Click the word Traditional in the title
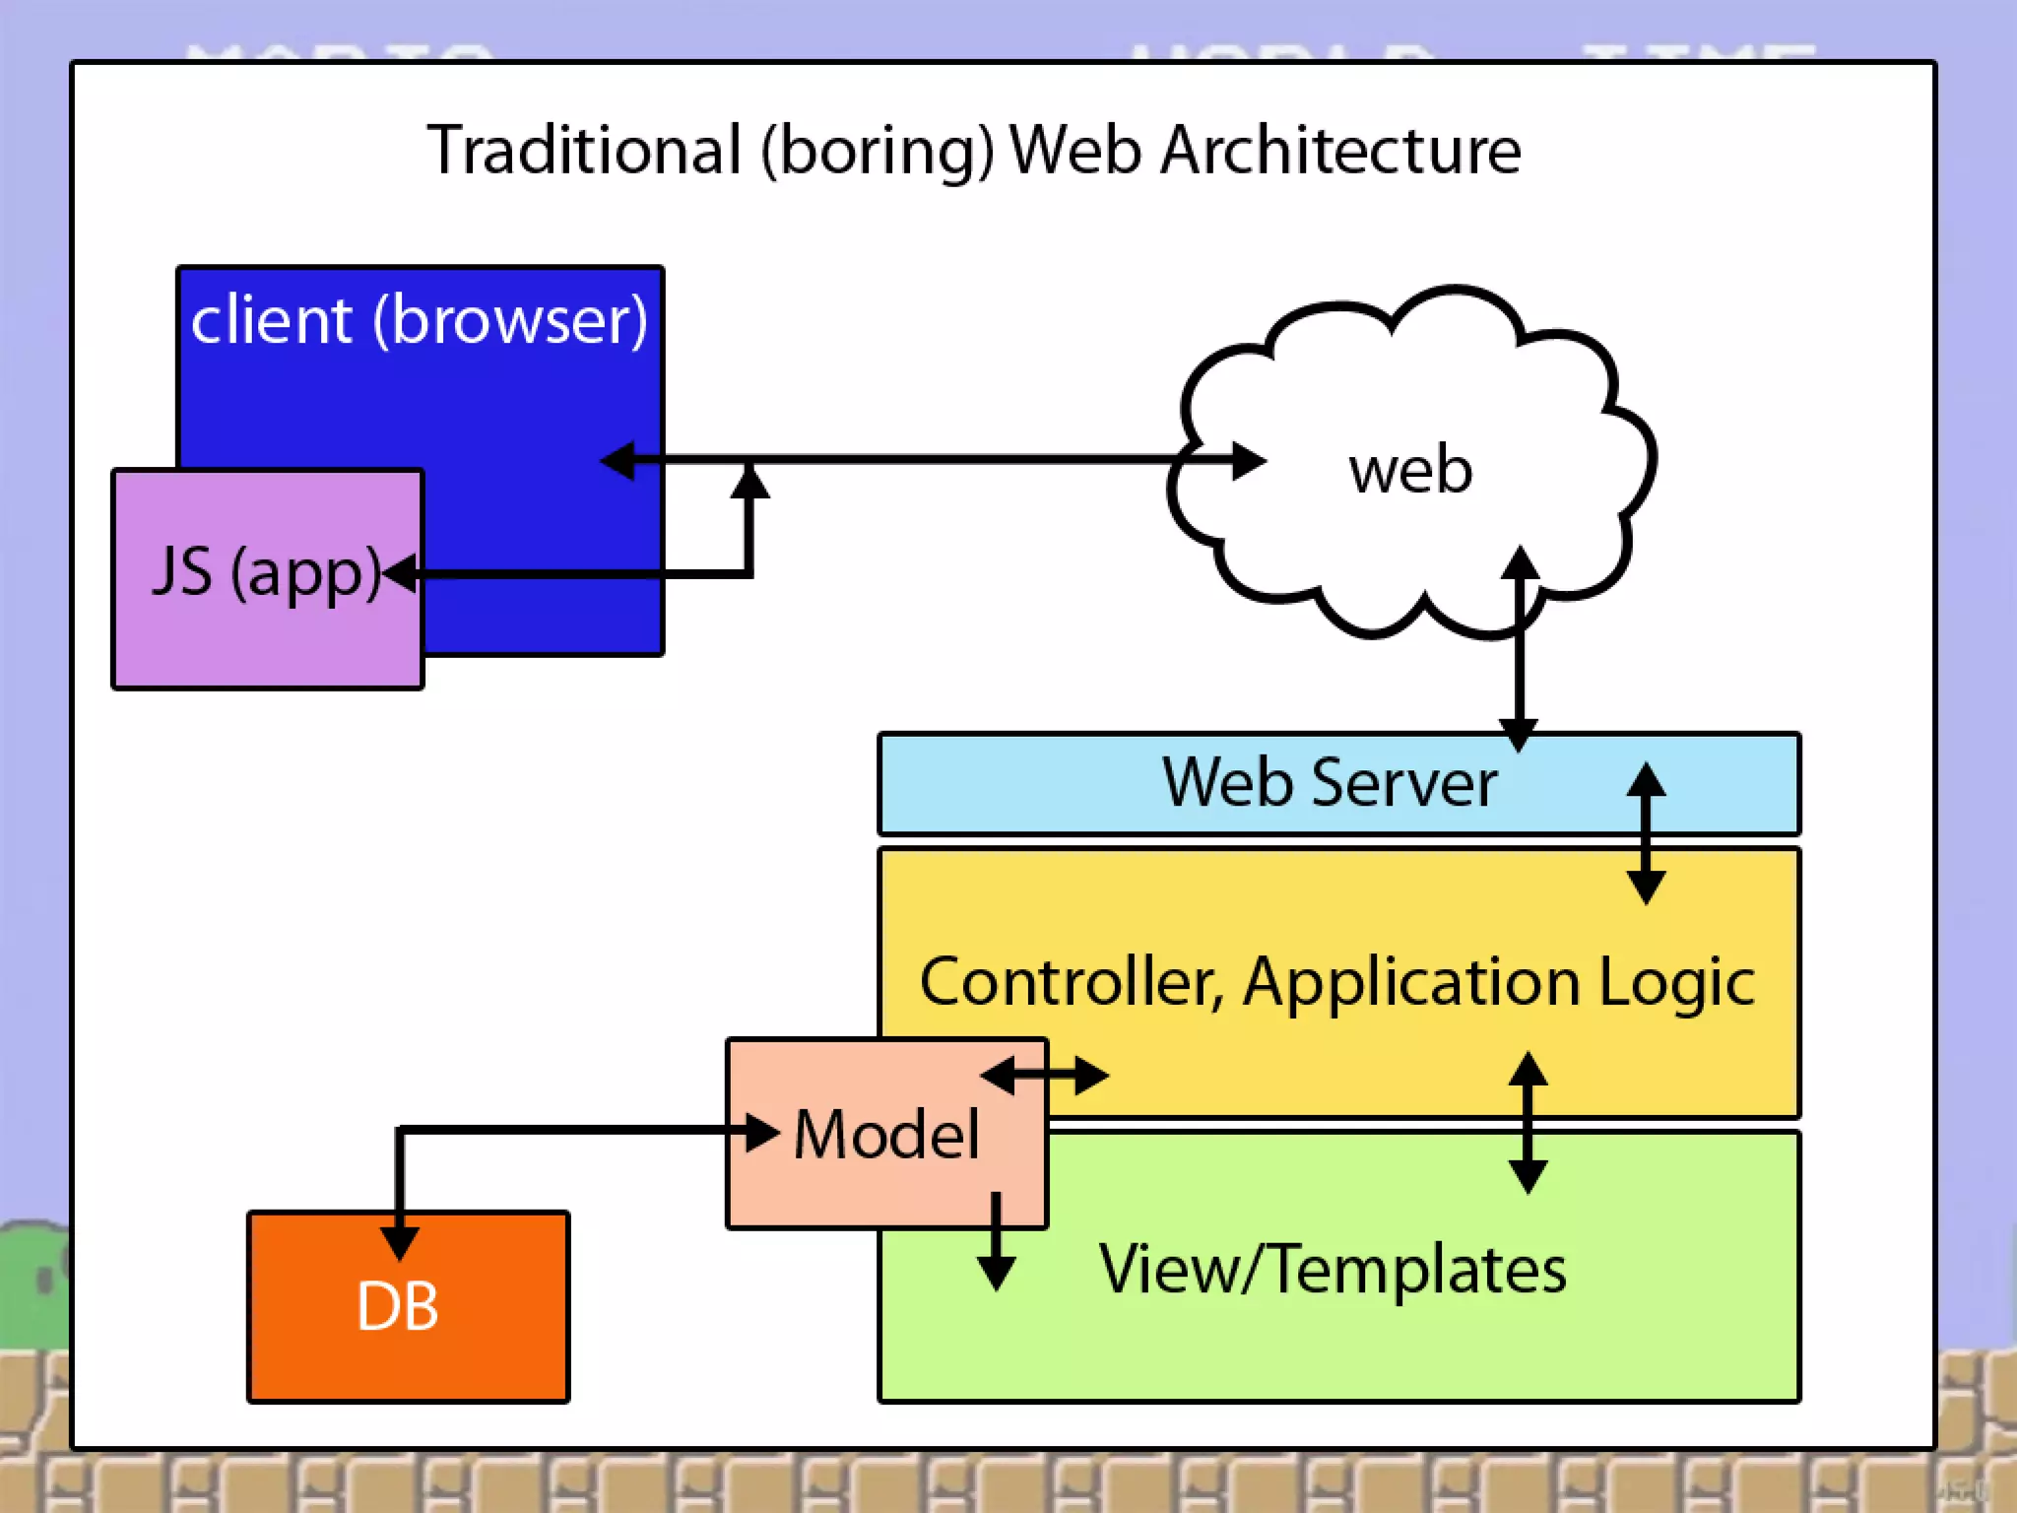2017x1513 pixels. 584,152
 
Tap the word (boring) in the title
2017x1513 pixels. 878,152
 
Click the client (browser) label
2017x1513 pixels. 420,320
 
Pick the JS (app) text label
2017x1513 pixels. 266,571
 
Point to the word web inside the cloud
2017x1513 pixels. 1410,471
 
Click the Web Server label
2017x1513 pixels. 1330,783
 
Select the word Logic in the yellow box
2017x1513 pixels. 1676,982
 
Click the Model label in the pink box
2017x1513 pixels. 886,1135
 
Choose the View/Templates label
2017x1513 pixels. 1333,1270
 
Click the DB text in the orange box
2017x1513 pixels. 398,1307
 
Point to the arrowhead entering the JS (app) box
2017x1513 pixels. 400,572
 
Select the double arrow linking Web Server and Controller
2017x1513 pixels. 1646,833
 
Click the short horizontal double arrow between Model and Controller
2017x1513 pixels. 1045,1076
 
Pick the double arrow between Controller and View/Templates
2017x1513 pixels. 1528,1123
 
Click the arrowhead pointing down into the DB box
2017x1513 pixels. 399,1241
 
